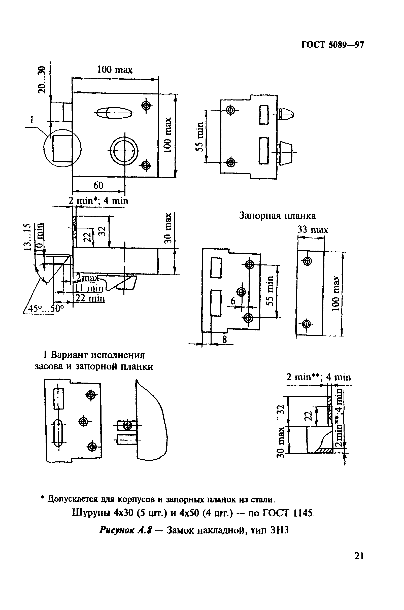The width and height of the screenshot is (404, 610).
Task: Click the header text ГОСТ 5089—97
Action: coord(332,45)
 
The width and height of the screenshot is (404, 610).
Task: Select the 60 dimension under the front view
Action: coord(98,185)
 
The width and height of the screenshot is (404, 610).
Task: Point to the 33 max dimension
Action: coord(313,229)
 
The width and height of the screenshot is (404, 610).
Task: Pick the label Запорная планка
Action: coord(277,216)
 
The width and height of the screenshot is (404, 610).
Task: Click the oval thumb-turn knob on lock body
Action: coord(114,113)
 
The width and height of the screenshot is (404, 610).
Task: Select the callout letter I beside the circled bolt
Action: coord(32,119)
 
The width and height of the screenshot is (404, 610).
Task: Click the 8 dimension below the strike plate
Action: coord(224,340)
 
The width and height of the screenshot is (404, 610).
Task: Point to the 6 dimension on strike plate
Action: coord(233,301)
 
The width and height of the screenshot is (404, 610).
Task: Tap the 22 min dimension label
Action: coord(90,298)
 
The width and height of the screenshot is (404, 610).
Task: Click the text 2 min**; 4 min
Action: coord(319,377)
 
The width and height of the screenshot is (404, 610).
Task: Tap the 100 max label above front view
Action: coord(115,70)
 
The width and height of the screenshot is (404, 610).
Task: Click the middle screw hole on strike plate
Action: coord(242,292)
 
